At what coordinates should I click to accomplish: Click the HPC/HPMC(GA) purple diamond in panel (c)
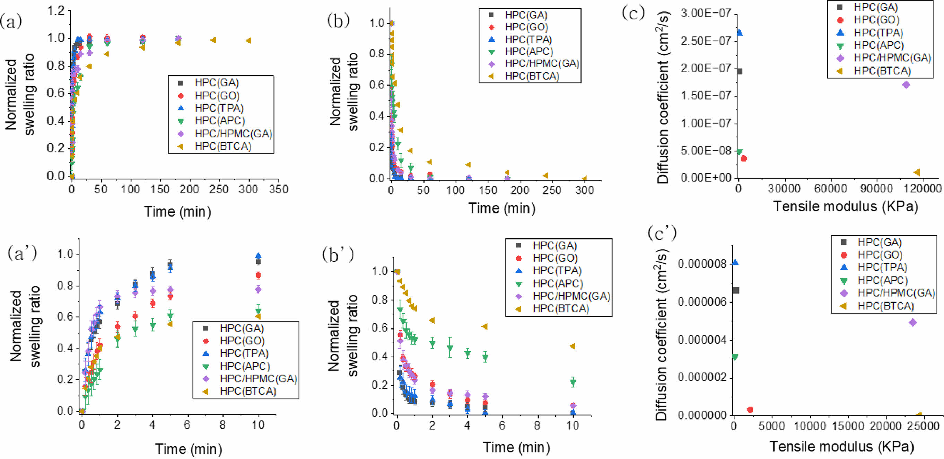tap(906, 84)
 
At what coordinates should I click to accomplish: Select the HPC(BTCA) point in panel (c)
tap(917, 172)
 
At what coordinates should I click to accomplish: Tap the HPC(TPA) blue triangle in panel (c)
tap(740, 33)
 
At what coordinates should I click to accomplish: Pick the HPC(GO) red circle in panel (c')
tap(750, 409)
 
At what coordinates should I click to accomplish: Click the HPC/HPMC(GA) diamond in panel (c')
tap(913, 323)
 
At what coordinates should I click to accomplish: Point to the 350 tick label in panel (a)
tap(279, 189)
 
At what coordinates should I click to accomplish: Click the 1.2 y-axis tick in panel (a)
tap(55, 11)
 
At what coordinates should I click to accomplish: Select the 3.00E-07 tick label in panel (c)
tap(706, 13)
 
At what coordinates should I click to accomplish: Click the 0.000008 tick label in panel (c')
tap(702, 263)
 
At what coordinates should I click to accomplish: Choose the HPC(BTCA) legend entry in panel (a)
tap(223, 146)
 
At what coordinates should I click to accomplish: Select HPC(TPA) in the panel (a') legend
tap(244, 353)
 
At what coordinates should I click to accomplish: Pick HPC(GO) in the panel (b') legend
tap(555, 258)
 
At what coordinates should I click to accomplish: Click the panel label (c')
tap(662, 233)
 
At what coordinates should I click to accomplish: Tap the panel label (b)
tap(338, 21)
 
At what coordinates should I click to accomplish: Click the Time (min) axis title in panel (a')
tap(189, 449)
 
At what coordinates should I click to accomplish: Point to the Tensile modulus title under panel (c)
tap(845, 206)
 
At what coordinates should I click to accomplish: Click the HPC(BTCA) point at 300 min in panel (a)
tap(248, 40)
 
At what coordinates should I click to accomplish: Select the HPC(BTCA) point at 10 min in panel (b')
tap(572, 346)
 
